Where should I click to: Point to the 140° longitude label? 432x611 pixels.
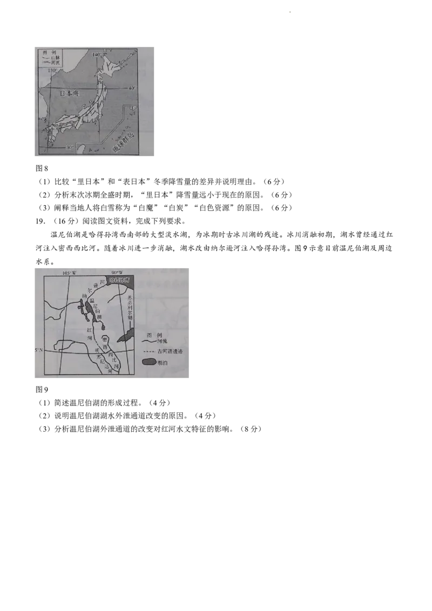(x=97, y=55)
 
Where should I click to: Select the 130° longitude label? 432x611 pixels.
(x=52, y=70)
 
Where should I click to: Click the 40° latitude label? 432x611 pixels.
(x=132, y=87)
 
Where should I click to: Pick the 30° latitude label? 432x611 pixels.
(x=69, y=147)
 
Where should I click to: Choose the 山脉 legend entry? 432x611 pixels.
(x=55, y=57)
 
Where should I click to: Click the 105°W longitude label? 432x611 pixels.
(x=70, y=272)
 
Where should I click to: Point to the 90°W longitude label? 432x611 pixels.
(x=117, y=272)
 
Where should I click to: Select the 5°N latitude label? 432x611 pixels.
(x=39, y=350)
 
